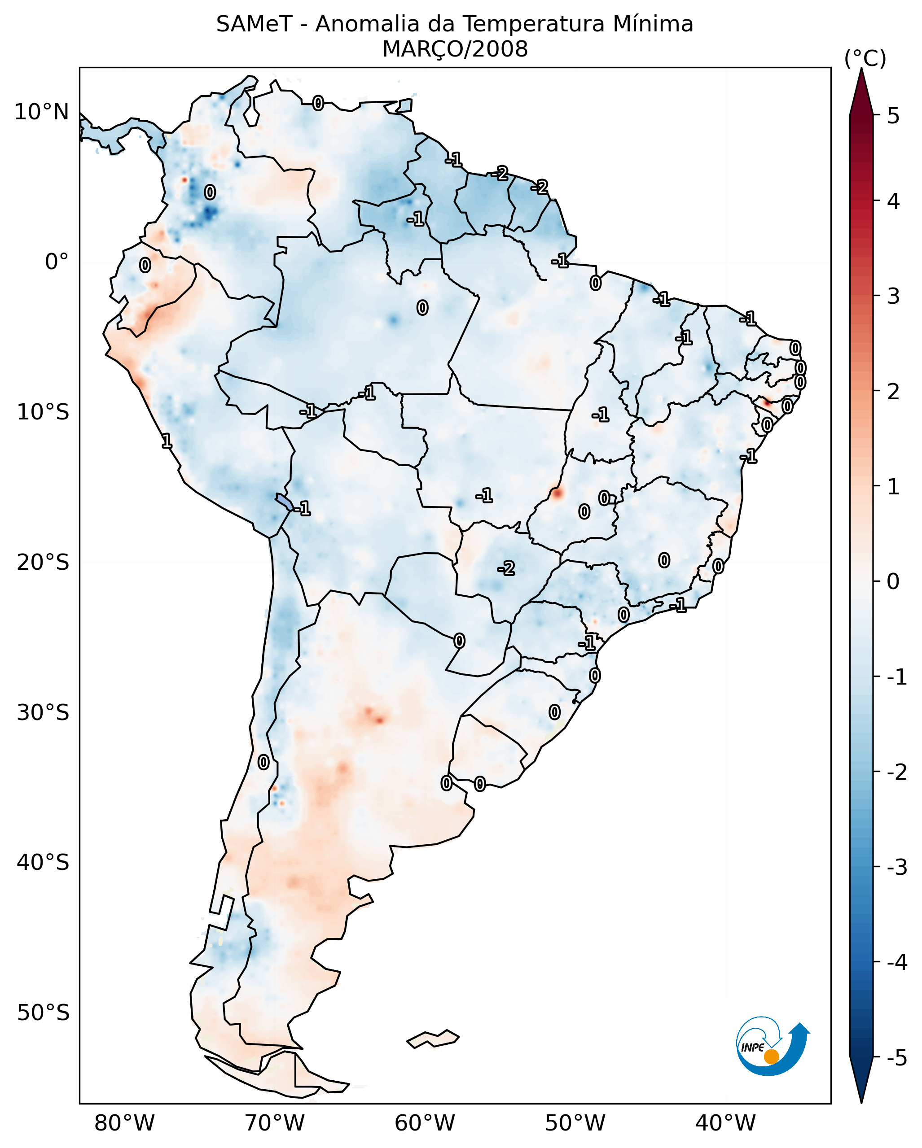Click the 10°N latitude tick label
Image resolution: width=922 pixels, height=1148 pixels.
[42, 112]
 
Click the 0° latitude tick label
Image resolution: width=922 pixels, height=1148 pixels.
[57, 262]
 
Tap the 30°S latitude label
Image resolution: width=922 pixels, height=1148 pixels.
[43, 712]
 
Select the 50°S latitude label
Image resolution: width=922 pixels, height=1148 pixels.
[43, 1013]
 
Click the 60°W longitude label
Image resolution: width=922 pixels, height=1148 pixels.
[425, 1123]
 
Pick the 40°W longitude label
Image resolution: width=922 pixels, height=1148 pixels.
[725, 1123]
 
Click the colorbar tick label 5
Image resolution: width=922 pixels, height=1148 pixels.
[893, 116]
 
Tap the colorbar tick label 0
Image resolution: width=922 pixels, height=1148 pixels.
[893, 581]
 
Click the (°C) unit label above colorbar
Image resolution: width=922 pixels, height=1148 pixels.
[865, 59]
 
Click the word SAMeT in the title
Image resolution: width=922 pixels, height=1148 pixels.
[254, 25]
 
